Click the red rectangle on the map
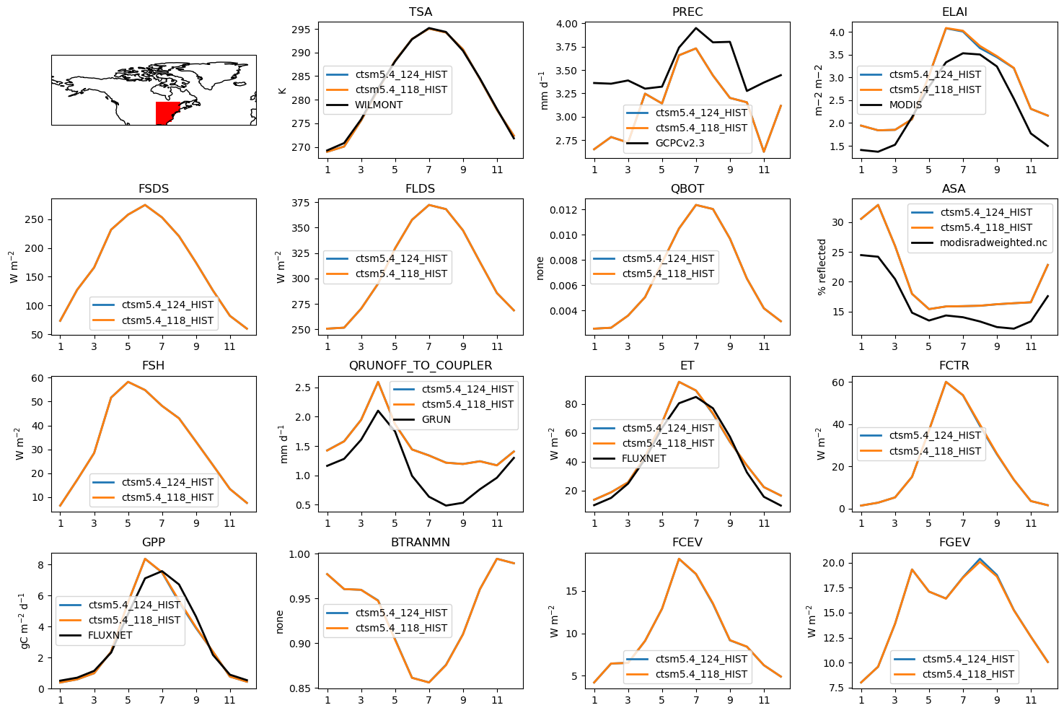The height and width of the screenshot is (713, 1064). coord(167,113)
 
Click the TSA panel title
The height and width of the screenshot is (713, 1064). coord(420,12)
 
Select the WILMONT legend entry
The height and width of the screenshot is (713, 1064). coord(379,105)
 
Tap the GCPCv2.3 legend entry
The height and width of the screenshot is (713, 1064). coord(680,143)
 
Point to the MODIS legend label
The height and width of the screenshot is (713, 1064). coord(905,105)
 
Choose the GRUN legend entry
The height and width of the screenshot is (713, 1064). coord(436,419)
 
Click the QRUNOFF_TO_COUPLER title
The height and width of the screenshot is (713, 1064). coord(420,366)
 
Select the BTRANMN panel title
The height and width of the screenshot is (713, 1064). coord(420,543)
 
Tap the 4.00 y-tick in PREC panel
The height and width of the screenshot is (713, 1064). coord(566,24)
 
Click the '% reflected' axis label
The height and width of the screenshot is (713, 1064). coord(822,267)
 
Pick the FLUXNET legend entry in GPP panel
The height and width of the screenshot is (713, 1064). coord(110,635)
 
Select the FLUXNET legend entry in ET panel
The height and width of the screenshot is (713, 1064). coord(643,458)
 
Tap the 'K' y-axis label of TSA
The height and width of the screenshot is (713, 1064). coord(283,90)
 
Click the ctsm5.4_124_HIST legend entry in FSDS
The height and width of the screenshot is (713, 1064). coord(167,305)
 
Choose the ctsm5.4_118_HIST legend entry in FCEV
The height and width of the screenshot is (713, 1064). coord(701,674)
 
